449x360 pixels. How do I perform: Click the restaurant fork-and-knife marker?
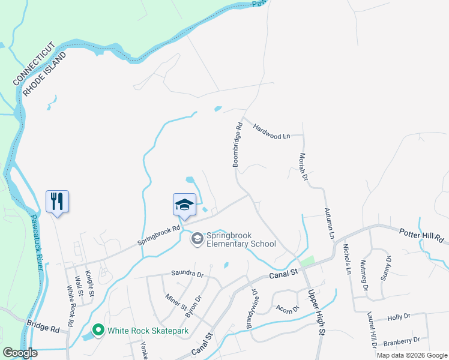[58, 201]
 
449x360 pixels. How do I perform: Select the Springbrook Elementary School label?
[241, 239]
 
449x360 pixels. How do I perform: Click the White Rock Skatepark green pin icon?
[97, 330]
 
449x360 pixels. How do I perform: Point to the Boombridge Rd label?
[237, 145]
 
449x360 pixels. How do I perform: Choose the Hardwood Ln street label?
[271, 131]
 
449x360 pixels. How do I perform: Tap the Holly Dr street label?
[399, 316]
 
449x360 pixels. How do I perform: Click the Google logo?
[20, 353]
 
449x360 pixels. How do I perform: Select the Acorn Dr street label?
[288, 310]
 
